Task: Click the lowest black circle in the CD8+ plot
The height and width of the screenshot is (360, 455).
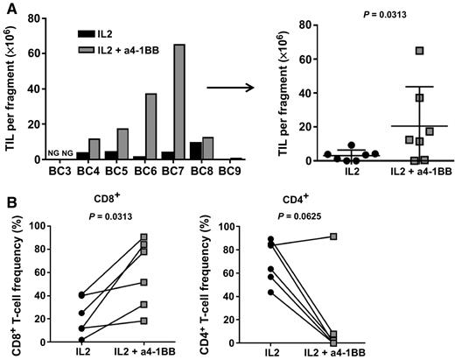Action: click(x=80, y=340)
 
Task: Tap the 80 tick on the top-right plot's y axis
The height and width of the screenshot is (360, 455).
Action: click(x=286, y=25)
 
